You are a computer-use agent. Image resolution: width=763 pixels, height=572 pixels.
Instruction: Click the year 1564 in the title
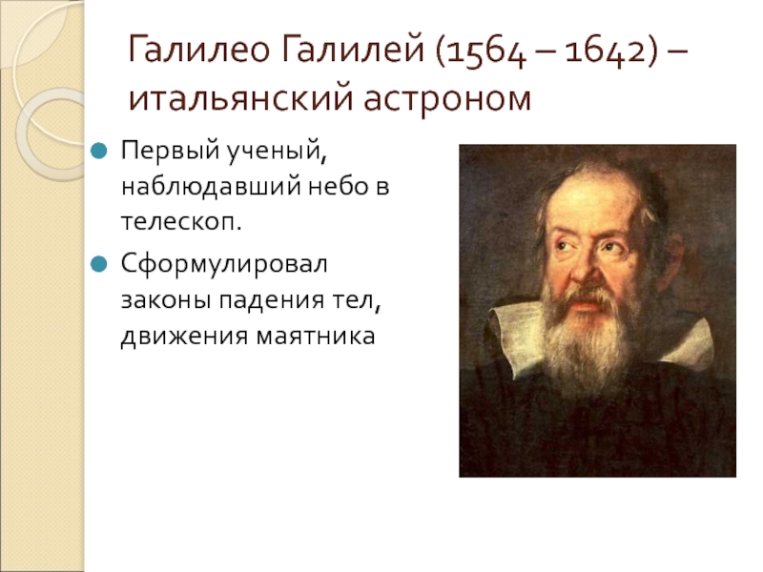click(485, 52)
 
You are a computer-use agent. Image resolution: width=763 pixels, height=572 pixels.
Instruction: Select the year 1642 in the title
click(606, 52)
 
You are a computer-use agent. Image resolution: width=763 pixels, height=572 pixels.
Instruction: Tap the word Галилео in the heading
click(199, 50)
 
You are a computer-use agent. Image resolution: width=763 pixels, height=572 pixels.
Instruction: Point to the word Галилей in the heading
click(353, 50)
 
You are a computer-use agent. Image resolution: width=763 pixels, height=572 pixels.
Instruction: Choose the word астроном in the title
click(447, 100)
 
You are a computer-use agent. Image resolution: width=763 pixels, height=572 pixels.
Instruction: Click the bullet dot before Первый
click(98, 151)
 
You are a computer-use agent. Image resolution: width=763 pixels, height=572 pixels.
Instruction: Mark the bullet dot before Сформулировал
click(98, 265)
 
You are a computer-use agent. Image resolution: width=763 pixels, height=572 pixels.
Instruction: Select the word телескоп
click(181, 222)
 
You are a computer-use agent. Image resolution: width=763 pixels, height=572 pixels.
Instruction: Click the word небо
click(338, 185)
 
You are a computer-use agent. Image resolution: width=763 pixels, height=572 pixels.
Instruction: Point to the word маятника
click(316, 337)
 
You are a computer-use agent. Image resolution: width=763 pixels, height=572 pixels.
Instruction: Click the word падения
click(271, 301)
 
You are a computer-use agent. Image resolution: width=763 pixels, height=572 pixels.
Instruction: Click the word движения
click(184, 337)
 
